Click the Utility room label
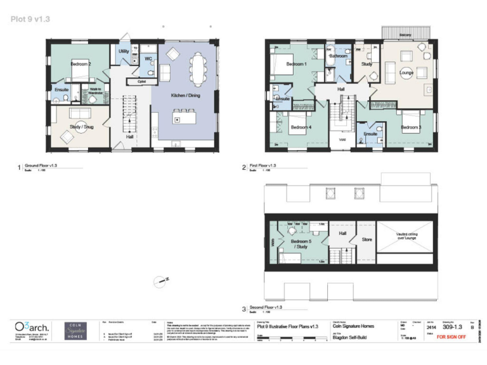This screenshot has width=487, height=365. click(124, 50)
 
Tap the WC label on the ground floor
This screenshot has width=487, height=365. click(148, 59)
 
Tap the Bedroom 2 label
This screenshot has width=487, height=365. click(81, 65)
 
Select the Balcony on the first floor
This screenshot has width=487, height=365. click(406, 33)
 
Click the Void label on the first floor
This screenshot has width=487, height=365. click(342, 139)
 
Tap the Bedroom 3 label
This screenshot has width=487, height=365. click(410, 127)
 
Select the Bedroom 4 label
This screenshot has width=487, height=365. click(301, 127)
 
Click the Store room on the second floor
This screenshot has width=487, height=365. click(367, 240)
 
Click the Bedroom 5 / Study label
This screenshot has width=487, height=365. click(301, 243)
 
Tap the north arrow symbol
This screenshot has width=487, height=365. click(157, 279)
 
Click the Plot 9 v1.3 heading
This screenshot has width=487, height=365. click(30, 19)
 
